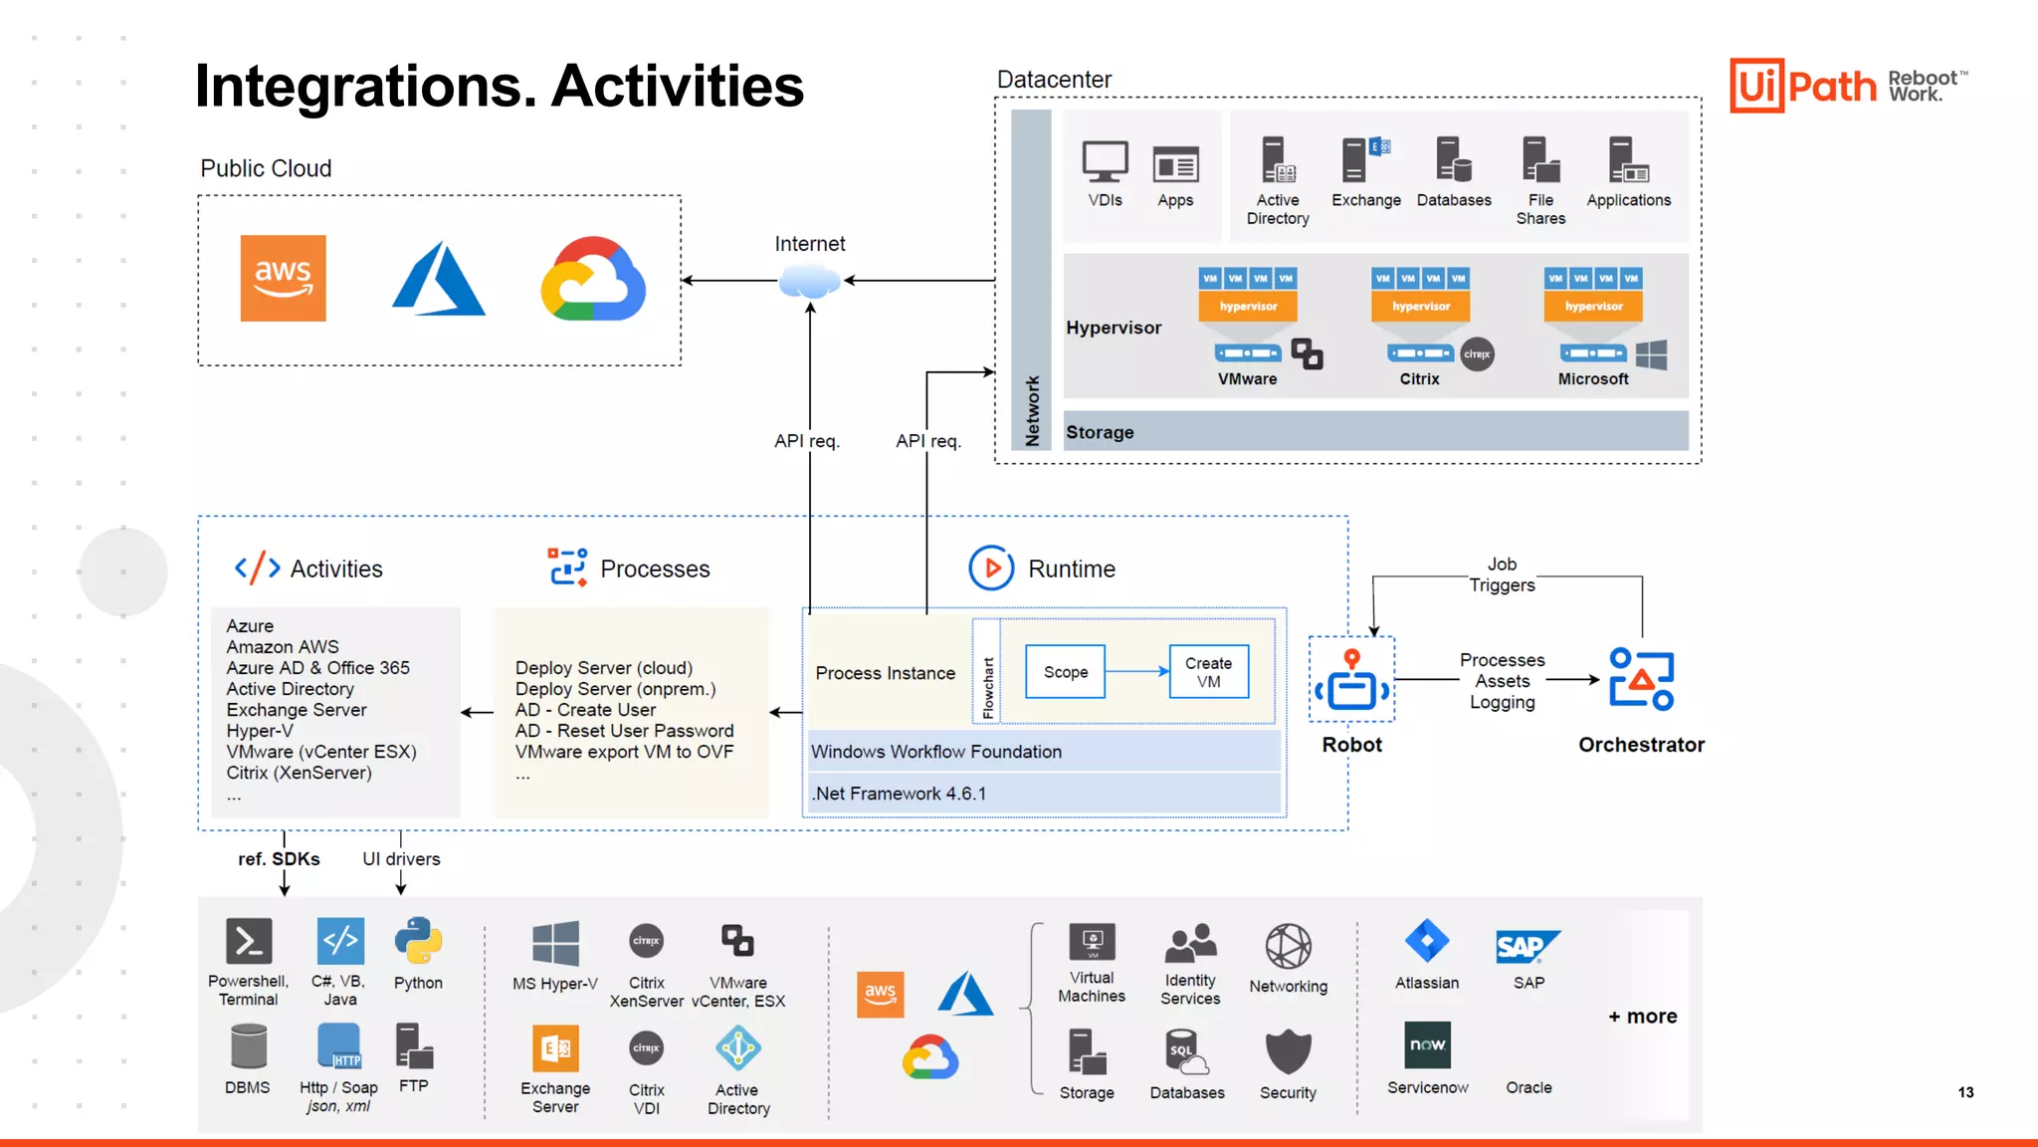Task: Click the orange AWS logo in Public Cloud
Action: tap(283, 278)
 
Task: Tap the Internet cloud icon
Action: tap(810, 282)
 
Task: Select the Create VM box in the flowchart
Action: tap(1208, 672)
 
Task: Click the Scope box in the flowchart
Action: tap(1065, 672)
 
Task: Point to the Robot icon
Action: tap(1351, 681)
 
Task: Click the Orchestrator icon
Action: tap(1641, 679)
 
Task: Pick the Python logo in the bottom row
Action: tap(418, 941)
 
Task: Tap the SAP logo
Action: tap(1528, 946)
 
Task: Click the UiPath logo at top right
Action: tap(1803, 86)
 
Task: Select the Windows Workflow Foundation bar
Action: tap(1043, 752)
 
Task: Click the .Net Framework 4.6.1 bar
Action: tap(1043, 794)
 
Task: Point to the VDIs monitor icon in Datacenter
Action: tap(1105, 162)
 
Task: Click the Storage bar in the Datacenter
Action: tap(1375, 432)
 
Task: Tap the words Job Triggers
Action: tap(1502, 574)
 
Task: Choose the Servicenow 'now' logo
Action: tap(1427, 1044)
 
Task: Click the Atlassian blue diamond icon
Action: tap(1427, 941)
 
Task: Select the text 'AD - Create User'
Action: tap(585, 710)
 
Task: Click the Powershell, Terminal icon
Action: tap(249, 941)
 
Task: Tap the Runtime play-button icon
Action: tap(991, 569)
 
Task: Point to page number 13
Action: tap(1965, 1092)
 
